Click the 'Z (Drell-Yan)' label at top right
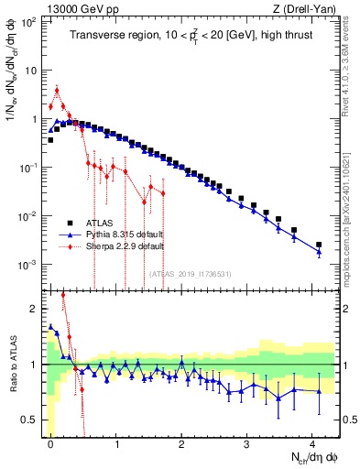click(x=303, y=8)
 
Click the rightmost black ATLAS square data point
click(x=319, y=245)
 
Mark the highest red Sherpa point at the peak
click(x=58, y=90)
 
